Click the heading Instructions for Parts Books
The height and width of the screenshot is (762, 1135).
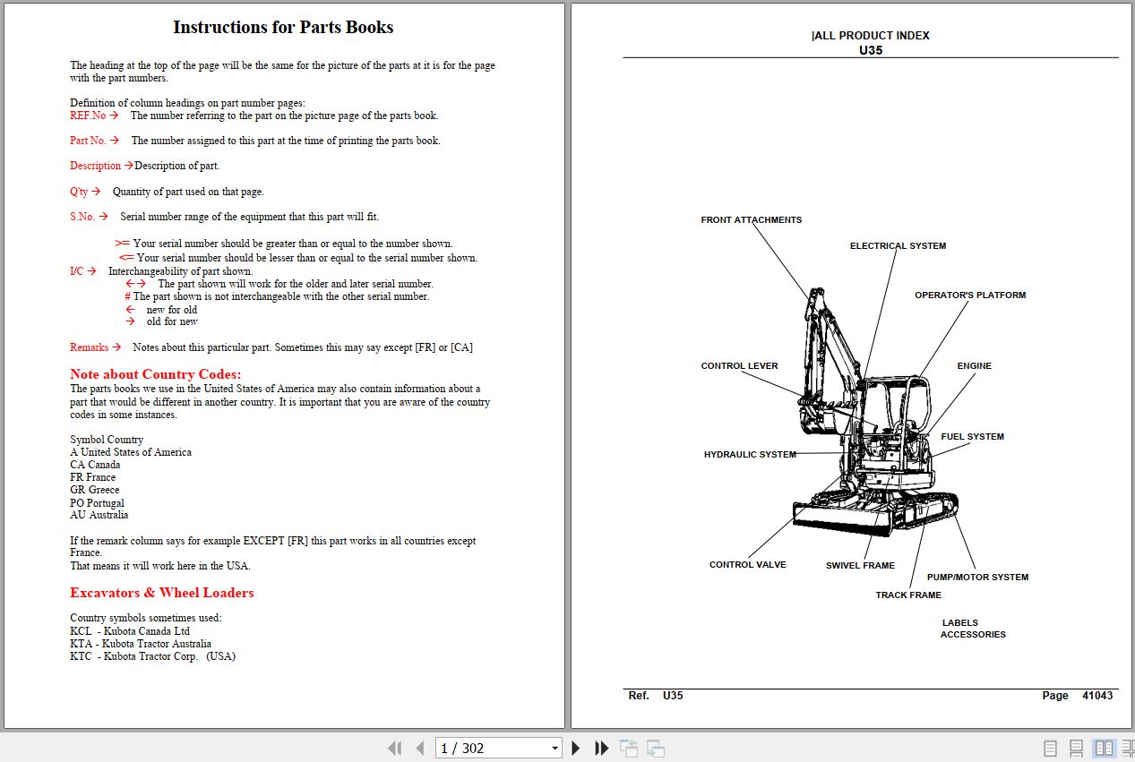(283, 28)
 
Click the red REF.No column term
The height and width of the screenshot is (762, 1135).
(88, 116)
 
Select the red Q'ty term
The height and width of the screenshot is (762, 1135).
(80, 192)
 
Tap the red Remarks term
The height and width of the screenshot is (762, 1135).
(90, 347)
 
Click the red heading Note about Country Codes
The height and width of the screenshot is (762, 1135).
(156, 374)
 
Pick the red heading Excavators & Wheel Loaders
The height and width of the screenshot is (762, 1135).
(162, 593)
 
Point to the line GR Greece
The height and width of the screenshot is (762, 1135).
(95, 490)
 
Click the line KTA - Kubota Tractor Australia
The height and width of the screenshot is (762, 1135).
(141, 644)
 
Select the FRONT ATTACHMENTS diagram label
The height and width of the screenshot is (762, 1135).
(751, 220)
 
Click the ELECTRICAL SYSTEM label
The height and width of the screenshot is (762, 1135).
(898, 246)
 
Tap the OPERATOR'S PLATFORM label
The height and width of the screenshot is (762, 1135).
(970, 295)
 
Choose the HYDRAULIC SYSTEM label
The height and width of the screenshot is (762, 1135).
(750, 455)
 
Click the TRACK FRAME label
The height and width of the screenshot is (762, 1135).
(908, 595)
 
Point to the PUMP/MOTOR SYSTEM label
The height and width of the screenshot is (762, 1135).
(977, 578)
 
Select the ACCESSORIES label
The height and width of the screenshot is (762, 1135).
(973, 635)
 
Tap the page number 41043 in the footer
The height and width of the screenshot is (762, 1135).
(1097, 696)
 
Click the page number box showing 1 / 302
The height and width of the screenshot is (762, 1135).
(497, 749)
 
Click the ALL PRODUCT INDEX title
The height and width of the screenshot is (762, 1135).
(871, 36)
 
